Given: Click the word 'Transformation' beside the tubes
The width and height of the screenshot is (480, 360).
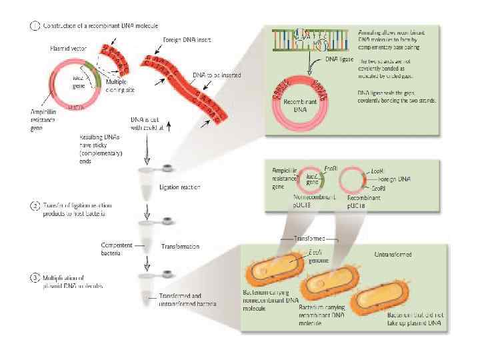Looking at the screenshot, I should pyautogui.click(x=180, y=246).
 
